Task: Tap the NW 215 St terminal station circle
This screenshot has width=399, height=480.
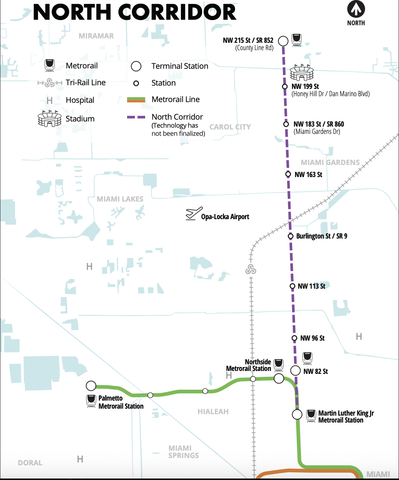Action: [x=283, y=41]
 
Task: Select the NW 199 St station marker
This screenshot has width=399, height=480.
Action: [x=285, y=87]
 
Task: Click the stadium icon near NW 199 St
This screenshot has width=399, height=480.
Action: [x=302, y=72]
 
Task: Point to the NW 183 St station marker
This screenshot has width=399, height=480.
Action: [x=286, y=124]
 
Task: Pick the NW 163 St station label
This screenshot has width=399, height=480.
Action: [x=308, y=175]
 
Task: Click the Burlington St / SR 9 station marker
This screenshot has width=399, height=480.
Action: [x=291, y=236]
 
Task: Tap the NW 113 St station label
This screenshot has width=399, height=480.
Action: [x=312, y=286]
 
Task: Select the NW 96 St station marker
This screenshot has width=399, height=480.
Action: [x=294, y=338]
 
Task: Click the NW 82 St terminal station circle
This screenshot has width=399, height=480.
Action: [x=295, y=370]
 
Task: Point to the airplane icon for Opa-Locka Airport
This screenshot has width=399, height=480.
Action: [x=194, y=213]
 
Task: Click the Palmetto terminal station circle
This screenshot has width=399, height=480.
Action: [x=91, y=386]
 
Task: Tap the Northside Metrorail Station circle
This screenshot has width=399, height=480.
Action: [x=279, y=378]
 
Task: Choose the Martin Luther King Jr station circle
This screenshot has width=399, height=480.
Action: [x=297, y=415]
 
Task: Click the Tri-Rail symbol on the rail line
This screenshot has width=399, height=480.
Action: [x=251, y=270]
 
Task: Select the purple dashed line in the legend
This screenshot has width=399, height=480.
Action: [x=136, y=117]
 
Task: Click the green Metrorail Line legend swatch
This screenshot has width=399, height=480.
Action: [x=136, y=100]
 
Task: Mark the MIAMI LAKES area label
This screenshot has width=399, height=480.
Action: [x=120, y=199]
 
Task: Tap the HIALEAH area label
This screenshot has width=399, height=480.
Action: [x=213, y=412]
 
